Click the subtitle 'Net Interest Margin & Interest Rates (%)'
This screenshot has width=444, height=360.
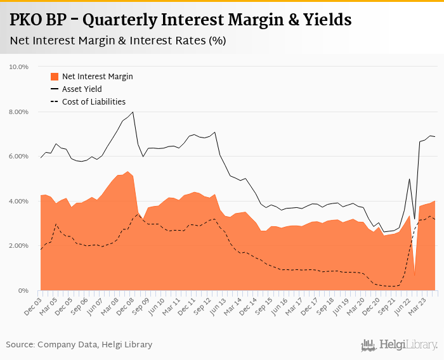coord(118,41)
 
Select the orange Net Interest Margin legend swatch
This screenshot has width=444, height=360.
coord(54,77)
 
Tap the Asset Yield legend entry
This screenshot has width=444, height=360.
coord(82,89)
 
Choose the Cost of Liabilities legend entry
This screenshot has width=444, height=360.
coord(93,101)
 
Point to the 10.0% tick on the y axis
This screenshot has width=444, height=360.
coord(19,67)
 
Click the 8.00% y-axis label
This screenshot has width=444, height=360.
coord(19,112)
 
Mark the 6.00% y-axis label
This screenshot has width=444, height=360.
coord(19,157)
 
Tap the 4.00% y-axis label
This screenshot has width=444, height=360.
coord(19,202)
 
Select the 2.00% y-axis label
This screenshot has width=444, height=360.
coord(19,246)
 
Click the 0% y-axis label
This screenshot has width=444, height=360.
coord(23,291)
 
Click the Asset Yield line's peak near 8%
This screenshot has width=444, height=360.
coord(133,112)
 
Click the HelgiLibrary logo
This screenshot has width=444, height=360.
coord(400,345)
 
